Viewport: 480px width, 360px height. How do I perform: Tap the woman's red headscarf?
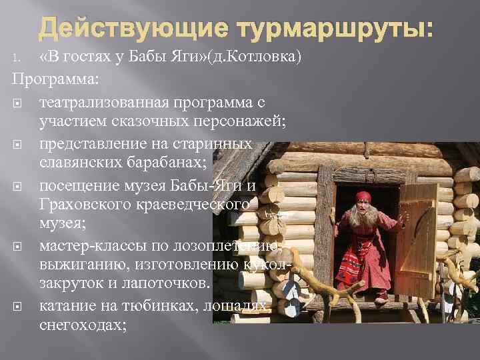[364, 198]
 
